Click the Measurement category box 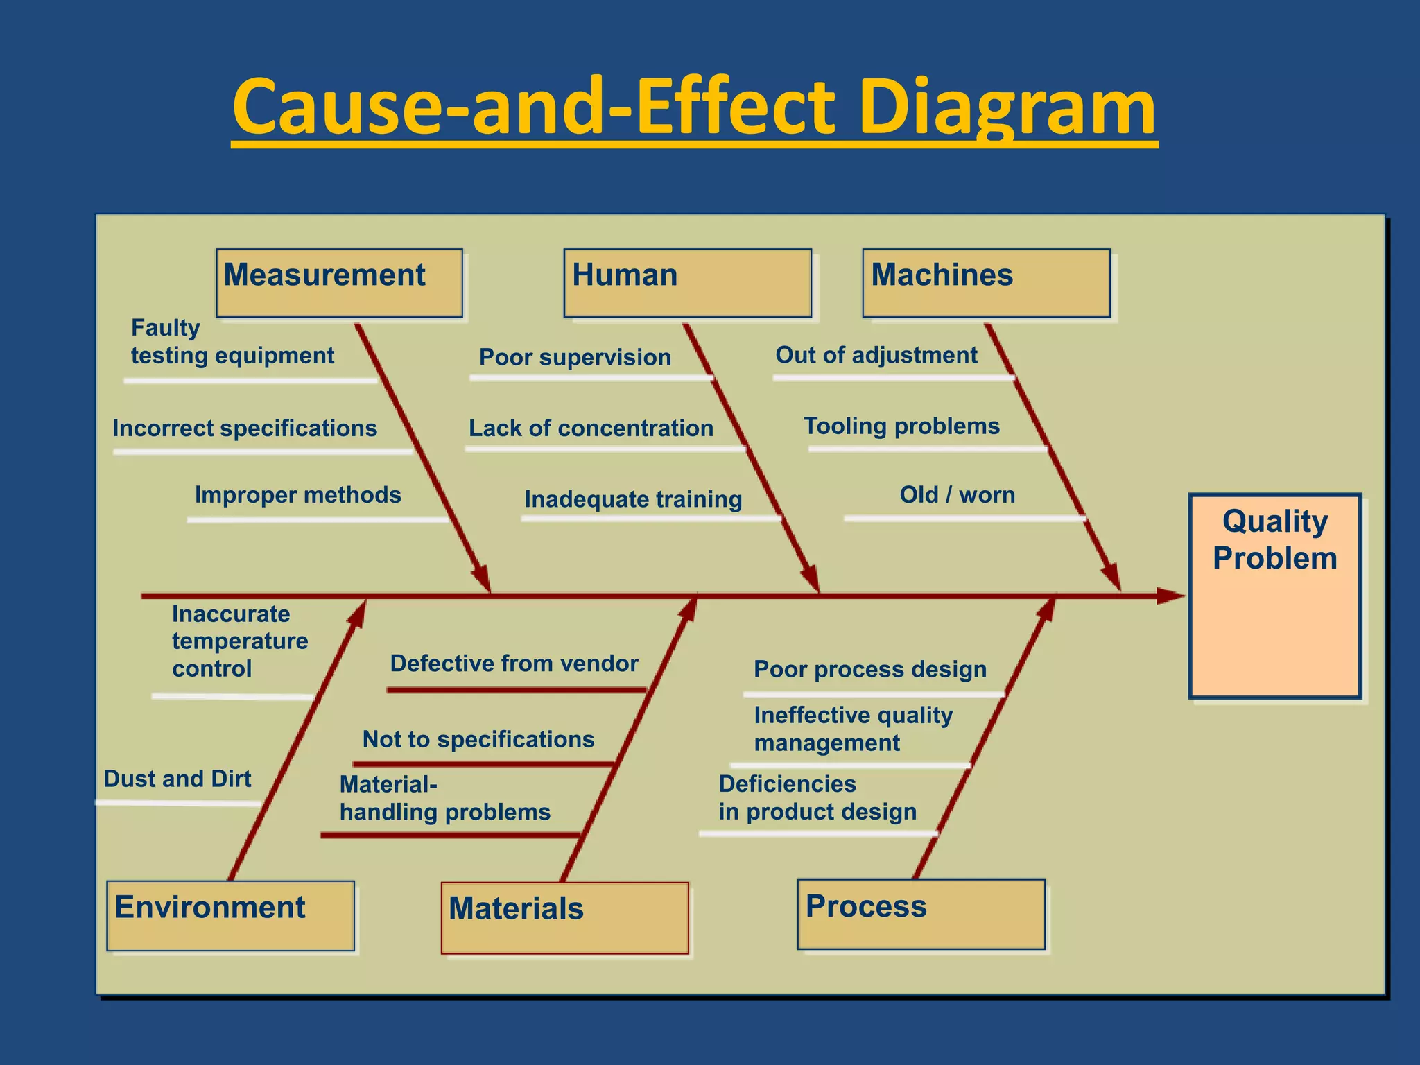coord(339,283)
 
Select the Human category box coord(687,283)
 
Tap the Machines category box coord(986,283)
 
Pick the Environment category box coord(230,915)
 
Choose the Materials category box coord(564,917)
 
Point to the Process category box coord(921,914)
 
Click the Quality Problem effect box coord(1274,596)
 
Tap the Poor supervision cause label coord(575,357)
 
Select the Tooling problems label coord(901,426)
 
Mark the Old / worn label coord(957,495)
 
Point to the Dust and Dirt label coord(177,779)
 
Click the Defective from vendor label coord(514,664)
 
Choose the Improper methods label coord(297,495)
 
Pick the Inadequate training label coord(633,499)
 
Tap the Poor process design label coord(870,669)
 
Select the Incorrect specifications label coord(245,428)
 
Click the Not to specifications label coord(478,739)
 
